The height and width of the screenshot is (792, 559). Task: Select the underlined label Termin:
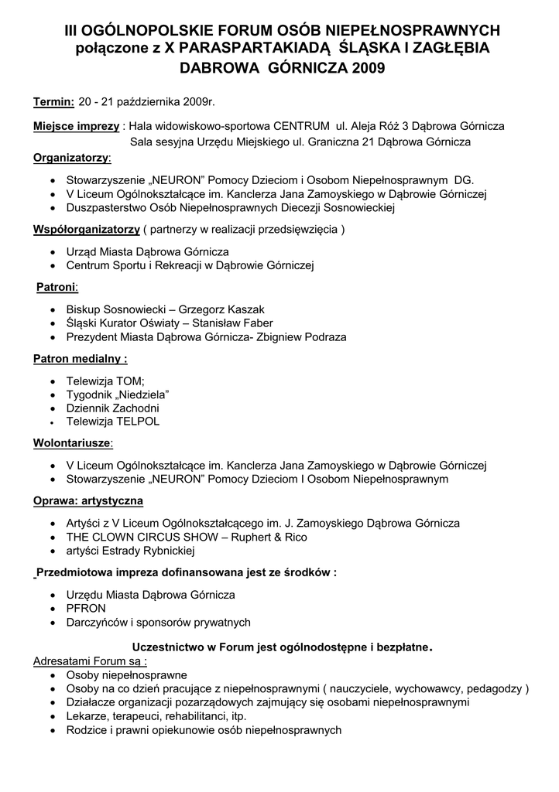53,102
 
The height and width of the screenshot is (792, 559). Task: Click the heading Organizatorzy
71,159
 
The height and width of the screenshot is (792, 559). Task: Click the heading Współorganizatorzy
86,230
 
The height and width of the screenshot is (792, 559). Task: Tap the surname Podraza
321,337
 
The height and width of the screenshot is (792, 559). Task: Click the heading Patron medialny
80,359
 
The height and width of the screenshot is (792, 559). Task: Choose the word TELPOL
139,422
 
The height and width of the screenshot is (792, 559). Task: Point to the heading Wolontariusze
72,443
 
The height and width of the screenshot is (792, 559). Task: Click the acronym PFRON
86,608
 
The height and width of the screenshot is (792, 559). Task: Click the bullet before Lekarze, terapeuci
52,717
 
